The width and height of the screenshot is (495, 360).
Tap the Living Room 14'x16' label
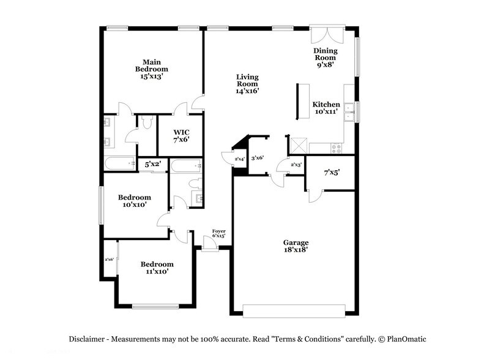pos(248,84)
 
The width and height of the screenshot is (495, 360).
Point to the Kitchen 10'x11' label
pos(326,108)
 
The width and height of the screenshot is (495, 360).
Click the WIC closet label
pos(181,135)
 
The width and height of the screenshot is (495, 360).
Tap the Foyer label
pos(218,233)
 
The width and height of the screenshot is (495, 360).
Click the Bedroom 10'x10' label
pos(135,201)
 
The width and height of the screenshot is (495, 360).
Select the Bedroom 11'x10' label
pos(157,268)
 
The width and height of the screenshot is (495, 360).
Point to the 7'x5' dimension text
pos(331,173)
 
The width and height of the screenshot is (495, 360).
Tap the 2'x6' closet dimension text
pos(110,260)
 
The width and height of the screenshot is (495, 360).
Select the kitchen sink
pos(349,111)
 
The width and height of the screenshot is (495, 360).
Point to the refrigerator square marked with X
pos(298,145)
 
